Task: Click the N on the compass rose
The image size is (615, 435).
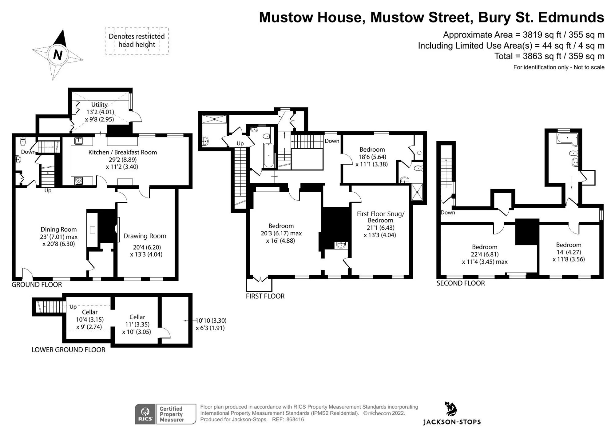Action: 58,55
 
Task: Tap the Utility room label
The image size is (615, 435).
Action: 99,105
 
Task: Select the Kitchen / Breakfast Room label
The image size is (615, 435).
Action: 123,152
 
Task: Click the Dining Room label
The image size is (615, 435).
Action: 59,229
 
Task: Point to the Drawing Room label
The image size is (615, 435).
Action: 145,236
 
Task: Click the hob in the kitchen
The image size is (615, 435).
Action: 79,181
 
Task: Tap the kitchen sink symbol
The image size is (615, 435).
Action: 78,141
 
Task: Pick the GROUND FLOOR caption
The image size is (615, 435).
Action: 37,285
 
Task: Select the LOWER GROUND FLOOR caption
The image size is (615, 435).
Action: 68,350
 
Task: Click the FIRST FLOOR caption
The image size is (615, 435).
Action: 265,296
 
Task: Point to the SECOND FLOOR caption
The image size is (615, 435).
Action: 461,283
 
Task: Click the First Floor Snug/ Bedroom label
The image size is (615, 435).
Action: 381,217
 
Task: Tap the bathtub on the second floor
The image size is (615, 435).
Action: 567,139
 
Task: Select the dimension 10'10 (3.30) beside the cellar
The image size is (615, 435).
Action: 211,321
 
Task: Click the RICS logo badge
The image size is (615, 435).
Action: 145,414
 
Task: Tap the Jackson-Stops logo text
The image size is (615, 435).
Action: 452,422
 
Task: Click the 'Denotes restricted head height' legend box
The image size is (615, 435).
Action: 137,41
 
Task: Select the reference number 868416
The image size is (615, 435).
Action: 295,420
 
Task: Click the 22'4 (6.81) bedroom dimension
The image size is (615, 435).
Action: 485,254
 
